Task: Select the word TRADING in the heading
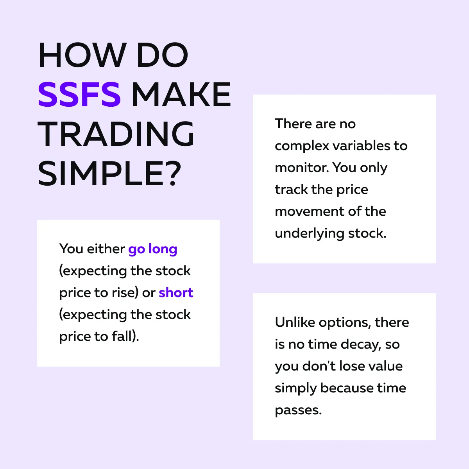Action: pyautogui.click(x=116, y=134)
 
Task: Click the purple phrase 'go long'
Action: pyautogui.click(x=152, y=249)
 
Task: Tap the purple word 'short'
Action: pyautogui.click(x=176, y=292)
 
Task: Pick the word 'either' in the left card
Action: pyautogui.click(x=106, y=249)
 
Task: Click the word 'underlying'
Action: pyautogui.click(x=310, y=234)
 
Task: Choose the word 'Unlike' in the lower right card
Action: pyautogui.click(x=295, y=322)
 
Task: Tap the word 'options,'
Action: pyautogui.click(x=345, y=323)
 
